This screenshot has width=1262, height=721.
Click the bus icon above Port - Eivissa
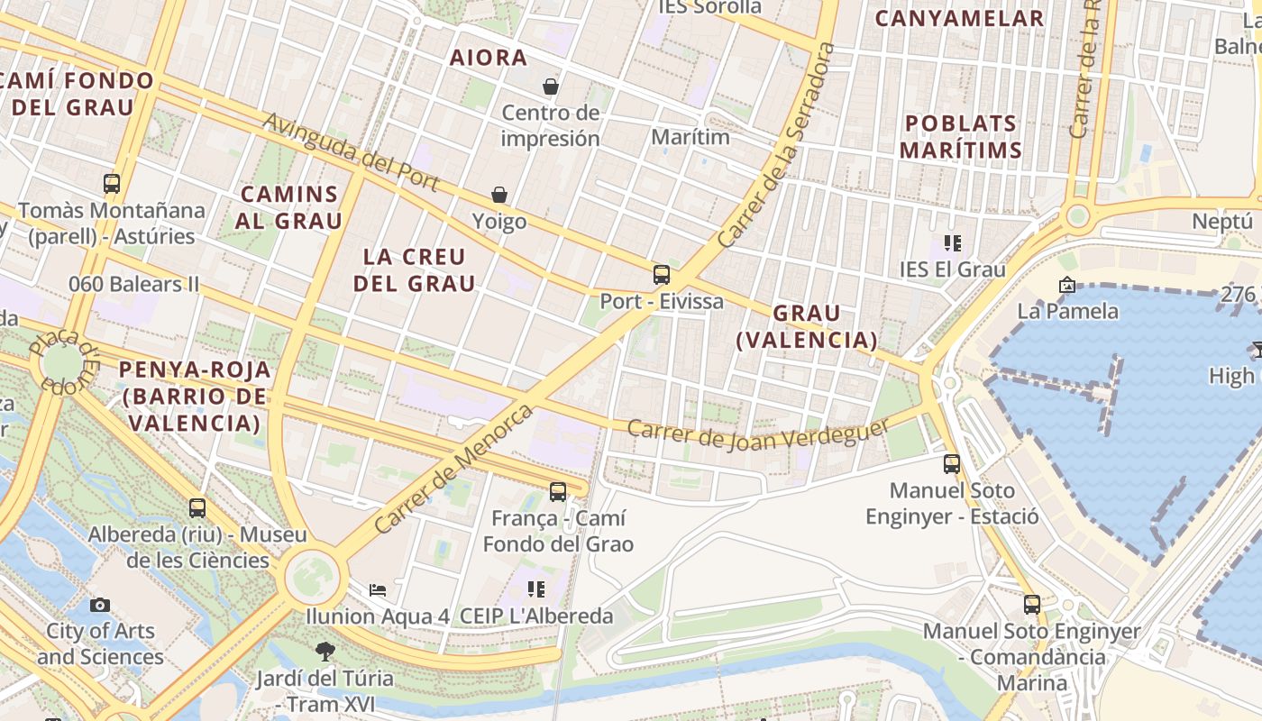point(662,274)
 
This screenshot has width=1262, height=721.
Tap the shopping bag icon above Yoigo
point(499,195)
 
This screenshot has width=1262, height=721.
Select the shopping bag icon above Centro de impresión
point(551,87)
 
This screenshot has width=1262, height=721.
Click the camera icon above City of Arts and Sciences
point(100,605)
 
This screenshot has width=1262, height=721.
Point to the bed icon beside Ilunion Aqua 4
point(379,590)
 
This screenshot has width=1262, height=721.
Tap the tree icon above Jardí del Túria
point(325,650)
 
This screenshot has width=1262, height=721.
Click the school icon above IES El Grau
point(953,242)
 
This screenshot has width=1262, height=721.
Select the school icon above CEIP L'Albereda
point(536,589)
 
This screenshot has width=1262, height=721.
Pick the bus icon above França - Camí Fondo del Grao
point(558,492)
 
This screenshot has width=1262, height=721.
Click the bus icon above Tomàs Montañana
point(112,184)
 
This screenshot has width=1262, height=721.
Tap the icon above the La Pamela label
point(1067,285)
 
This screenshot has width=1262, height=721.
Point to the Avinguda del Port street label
point(352,151)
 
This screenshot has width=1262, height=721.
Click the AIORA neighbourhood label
point(489,58)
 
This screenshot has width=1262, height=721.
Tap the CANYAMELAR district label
point(959,18)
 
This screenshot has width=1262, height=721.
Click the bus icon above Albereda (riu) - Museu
point(197,508)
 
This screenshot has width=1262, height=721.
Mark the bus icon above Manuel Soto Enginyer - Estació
point(952,464)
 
